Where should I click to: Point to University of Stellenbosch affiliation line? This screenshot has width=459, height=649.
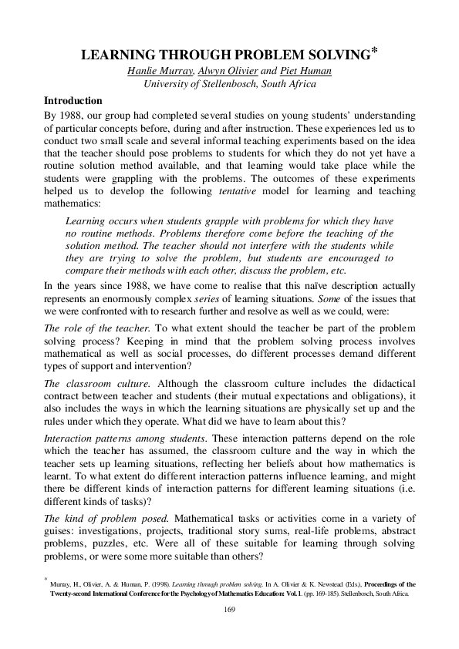229,85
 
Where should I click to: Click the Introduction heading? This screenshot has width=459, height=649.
73,100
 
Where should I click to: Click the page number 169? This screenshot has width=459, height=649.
229,610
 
